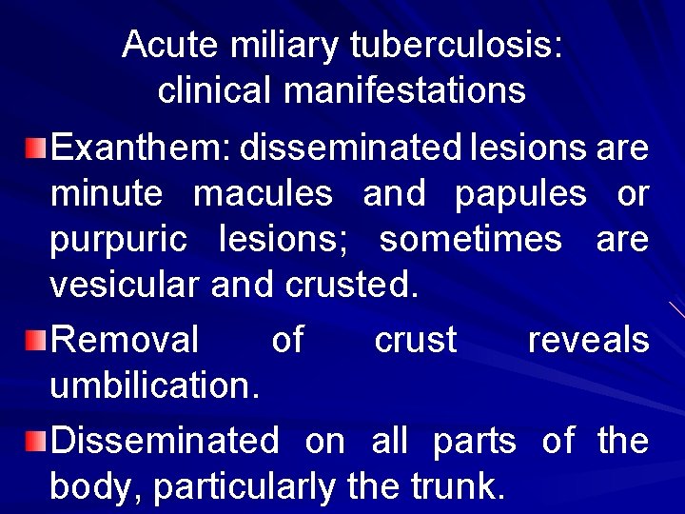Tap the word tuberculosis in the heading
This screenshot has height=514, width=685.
(x=456, y=44)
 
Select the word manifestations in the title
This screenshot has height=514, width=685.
(x=404, y=90)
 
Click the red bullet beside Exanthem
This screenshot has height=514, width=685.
(x=35, y=148)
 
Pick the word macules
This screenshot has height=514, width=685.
(x=263, y=194)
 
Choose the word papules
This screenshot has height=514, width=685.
(x=520, y=194)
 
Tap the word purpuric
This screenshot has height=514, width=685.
(x=119, y=240)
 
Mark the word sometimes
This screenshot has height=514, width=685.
(x=470, y=239)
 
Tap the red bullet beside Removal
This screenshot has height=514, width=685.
(x=35, y=340)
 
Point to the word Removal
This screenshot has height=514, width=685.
(x=125, y=340)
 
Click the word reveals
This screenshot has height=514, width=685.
(x=589, y=340)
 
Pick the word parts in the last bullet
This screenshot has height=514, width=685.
(x=474, y=442)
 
